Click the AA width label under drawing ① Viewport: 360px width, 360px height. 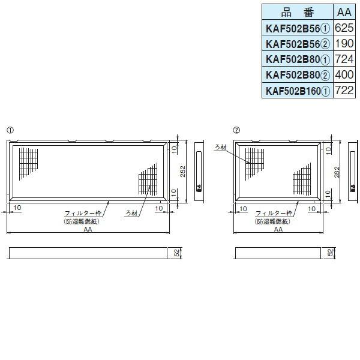(x=88, y=229)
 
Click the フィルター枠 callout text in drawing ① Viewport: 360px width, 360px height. (x=83, y=214)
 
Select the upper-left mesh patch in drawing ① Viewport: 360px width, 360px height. (x=28, y=163)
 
